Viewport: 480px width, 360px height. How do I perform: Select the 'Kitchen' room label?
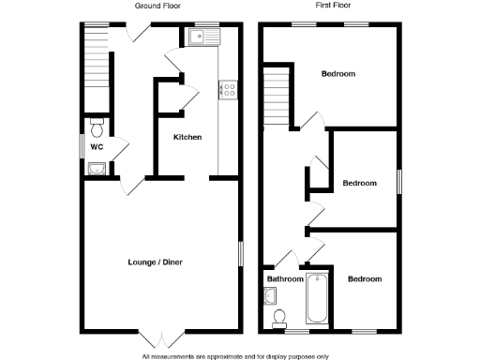coord(187,138)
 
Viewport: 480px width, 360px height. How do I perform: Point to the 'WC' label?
coord(97,147)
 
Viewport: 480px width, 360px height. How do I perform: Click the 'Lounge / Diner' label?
coord(156,262)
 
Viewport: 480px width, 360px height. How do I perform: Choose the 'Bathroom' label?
coord(285,278)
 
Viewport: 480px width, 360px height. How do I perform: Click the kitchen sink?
coord(202,37)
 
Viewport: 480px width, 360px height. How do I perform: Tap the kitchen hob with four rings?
coord(227,90)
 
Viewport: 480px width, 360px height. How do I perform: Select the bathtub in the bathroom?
coord(318,299)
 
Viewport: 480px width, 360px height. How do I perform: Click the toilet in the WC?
coord(97,127)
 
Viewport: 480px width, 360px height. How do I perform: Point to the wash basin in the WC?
coord(97,169)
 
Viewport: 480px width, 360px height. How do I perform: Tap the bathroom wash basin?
coord(270,297)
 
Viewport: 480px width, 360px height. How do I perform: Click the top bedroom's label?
coord(338,74)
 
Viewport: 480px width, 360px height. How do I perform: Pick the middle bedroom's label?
coord(359,183)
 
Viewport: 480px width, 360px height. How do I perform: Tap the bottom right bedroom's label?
coord(365,278)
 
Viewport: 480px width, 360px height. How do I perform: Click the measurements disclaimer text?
coord(235,355)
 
